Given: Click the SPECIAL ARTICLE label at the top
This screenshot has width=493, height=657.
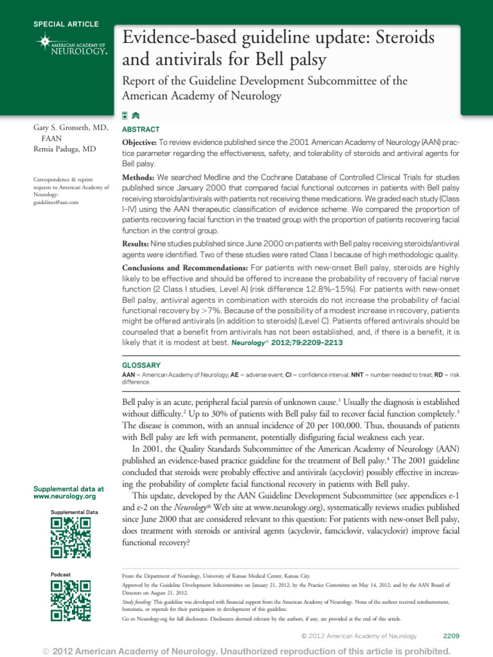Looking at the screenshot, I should tap(66, 24).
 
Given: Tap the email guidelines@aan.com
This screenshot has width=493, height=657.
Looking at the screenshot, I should tap(55, 202).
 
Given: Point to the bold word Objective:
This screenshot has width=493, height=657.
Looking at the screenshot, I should tap(139, 141).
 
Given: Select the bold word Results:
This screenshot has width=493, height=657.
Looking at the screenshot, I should tap(135, 244).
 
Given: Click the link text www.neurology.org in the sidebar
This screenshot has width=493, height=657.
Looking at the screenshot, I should tap(64, 497).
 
